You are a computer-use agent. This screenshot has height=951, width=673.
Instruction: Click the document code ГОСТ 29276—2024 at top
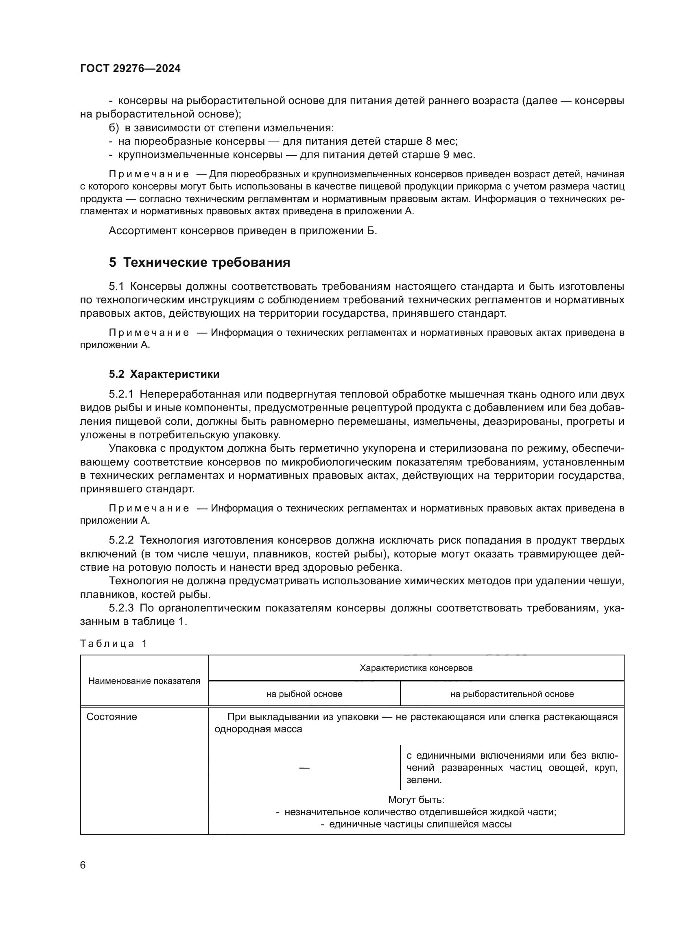[130, 68]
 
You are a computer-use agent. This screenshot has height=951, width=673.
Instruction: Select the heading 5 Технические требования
[199, 262]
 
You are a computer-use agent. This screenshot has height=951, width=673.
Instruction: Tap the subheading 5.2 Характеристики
[164, 374]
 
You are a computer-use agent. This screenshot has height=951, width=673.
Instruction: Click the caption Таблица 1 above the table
[113, 643]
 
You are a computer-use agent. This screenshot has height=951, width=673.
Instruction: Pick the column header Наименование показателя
[144, 681]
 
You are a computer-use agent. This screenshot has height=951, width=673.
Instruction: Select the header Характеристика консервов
[416, 668]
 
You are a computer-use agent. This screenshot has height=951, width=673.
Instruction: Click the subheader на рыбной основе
[304, 694]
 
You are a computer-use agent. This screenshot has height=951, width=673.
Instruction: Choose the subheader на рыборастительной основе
[512, 694]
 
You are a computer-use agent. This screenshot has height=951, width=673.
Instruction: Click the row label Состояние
[111, 716]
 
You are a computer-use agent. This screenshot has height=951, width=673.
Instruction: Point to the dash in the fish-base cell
[304, 768]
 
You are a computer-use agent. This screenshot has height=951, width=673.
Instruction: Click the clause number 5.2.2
[121, 540]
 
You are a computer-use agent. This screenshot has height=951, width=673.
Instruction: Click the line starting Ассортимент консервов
[243, 231]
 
